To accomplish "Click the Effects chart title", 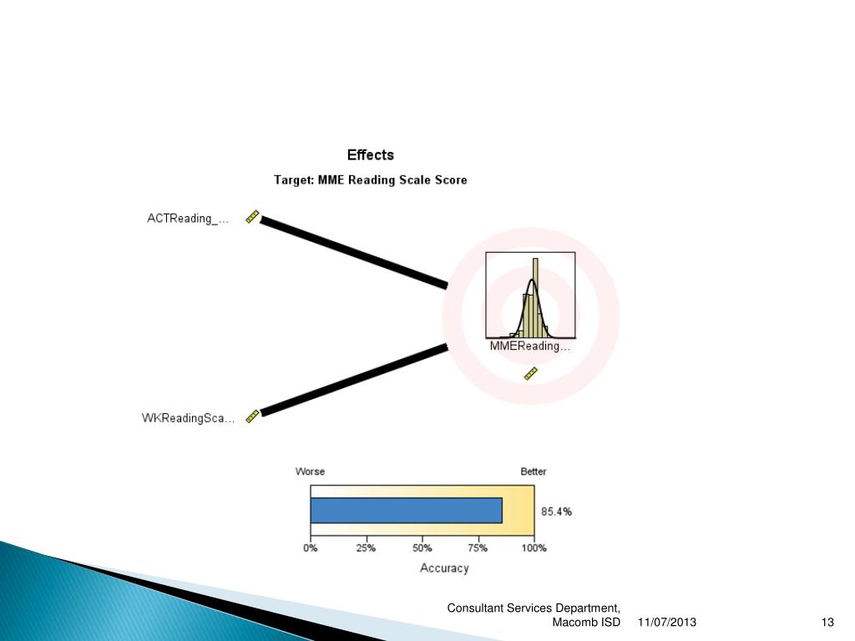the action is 370,155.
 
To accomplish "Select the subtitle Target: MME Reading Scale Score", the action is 371,179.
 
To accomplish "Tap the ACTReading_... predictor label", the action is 187,219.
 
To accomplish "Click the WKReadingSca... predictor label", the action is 188,418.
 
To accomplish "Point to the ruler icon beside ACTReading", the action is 252,217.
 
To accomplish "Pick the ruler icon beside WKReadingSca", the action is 252,416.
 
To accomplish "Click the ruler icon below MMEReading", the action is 531,374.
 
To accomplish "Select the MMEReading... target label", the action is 530,346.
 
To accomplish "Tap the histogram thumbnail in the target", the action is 530,295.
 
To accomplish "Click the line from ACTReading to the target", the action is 354,253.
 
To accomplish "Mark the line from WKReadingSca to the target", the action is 354,379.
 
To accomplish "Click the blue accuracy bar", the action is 406,510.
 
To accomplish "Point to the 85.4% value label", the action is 557,512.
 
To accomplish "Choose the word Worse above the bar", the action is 310,472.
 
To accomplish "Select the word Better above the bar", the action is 534,472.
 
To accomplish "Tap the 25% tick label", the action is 366,548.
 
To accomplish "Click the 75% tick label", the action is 478,548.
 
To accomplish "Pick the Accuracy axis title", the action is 443,568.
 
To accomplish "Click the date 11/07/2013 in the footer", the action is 666,623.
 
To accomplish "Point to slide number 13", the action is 827,623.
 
